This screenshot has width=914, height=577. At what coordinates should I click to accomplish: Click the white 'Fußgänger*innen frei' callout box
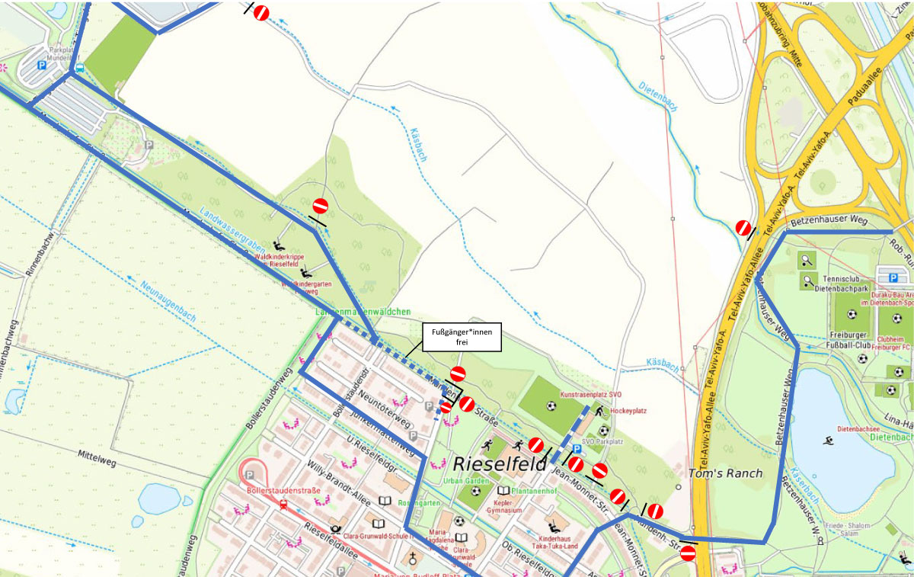tap(462, 337)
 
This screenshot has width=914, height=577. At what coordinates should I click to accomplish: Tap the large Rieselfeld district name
tap(500, 463)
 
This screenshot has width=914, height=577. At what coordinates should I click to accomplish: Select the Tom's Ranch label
tap(724, 473)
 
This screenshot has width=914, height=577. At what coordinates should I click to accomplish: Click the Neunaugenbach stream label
tap(168, 303)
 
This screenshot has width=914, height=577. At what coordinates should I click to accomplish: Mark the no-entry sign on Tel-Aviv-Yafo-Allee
tap(743, 227)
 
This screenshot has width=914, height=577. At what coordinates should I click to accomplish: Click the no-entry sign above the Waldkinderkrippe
tap(321, 207)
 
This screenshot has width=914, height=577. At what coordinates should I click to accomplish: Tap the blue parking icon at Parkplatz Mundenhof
tap(43, 66)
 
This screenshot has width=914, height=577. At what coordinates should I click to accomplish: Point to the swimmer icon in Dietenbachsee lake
tap(829, 441)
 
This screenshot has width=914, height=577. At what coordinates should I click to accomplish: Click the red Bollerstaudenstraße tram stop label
tap(280, 490)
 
